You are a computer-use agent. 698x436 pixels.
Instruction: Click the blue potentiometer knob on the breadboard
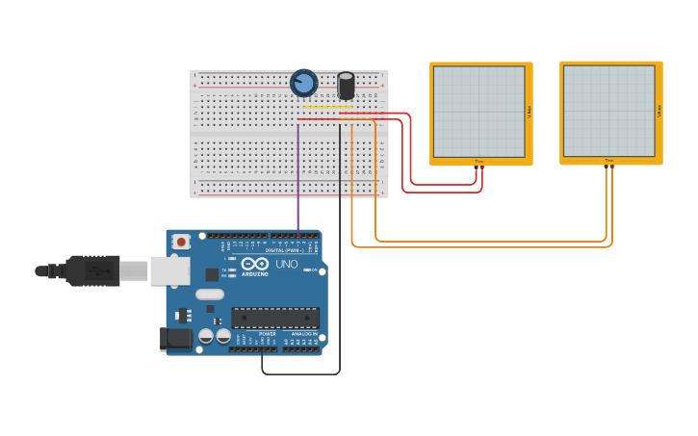tap(303, 84)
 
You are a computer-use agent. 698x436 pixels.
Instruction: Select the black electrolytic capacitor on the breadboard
tap(346, 86)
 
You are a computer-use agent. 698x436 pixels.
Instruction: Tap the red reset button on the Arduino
tap(181, 243)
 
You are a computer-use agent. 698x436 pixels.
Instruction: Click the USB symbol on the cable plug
tap(97, 271)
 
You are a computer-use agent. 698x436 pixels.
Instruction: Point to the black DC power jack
tap(176, 338)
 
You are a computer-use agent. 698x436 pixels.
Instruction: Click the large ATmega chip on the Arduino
tap(275, 318)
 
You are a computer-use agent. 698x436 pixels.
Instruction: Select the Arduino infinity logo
tap(255, 264)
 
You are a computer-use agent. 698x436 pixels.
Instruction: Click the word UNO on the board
tap(287, 264)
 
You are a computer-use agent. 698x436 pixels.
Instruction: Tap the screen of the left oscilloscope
tap(478, 111)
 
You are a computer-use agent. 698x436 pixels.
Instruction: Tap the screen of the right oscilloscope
tap(608, 111)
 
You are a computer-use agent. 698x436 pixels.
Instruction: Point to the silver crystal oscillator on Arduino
tap(209, 295)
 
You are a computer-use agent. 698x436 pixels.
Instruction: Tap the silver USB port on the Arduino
tap(169, 270)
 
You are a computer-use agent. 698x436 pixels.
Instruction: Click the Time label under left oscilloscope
tap(478, 161)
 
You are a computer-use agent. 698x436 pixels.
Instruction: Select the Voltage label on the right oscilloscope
tap(659, 111)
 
